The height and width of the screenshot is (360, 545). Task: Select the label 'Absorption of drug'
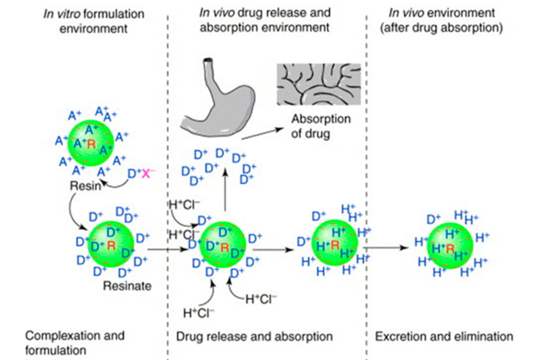(x=321, y=126)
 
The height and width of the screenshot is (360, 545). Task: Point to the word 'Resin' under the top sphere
(x=85, y=187)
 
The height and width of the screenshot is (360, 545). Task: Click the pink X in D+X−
(x=145, y=173)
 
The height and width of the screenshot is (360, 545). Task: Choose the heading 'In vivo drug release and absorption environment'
(x=265, y=20)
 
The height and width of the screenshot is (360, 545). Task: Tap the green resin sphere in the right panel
(x=449, y=247)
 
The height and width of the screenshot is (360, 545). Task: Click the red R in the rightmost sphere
(x=450, y=250)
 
